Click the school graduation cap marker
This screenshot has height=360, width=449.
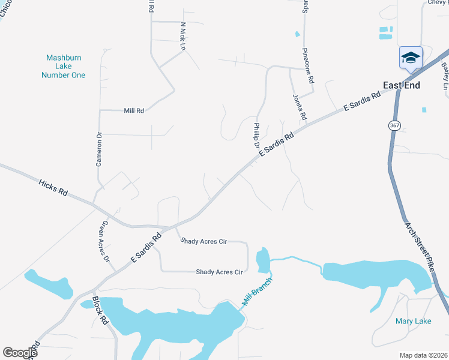click(x=411, y=58)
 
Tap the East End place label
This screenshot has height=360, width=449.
click(x=402, y=85)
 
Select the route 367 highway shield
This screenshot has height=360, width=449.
click(x=394, y=126)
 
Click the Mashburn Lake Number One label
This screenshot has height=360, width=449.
click(x=63, y=67)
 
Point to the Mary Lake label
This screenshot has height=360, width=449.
click(x=413, y=322)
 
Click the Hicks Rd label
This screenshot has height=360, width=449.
click(x=53, y=187)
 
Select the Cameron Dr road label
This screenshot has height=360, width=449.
click(x=100, y=149)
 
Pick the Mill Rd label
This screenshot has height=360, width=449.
click(x=133, y=110)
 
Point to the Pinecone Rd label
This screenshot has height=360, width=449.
click(x=308, y=65)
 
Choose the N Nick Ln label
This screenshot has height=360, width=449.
click(x=183, y=35)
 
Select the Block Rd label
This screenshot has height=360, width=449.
click(x=100, y=310)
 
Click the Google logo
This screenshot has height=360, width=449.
click(x=20, y=353)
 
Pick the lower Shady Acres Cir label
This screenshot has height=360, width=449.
click(x=218, y=272)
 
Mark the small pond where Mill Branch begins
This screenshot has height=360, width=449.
click(x=262, y=259)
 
